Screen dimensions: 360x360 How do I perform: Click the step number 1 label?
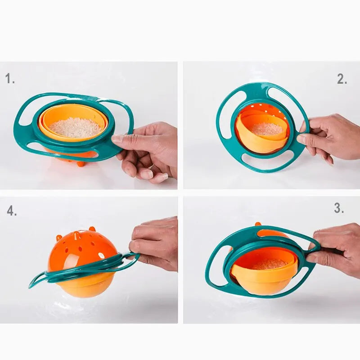pos(10,79)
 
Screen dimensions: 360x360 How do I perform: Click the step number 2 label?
pos(342,79)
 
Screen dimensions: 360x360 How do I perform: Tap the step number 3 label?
pos(339,208)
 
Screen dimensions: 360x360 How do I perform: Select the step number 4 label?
pos(12,211)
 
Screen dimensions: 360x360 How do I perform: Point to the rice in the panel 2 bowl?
pos(266,129)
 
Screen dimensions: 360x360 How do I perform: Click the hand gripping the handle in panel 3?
pos(335,250)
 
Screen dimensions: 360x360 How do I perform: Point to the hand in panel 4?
pos(155,243)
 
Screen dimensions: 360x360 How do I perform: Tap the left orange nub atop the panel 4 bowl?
pos(58,237)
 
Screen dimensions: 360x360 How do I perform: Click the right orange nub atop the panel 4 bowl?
pos(92,229)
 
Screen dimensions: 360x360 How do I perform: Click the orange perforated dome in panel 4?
pos(81,250)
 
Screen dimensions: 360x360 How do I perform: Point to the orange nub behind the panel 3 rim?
pos(258,224)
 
